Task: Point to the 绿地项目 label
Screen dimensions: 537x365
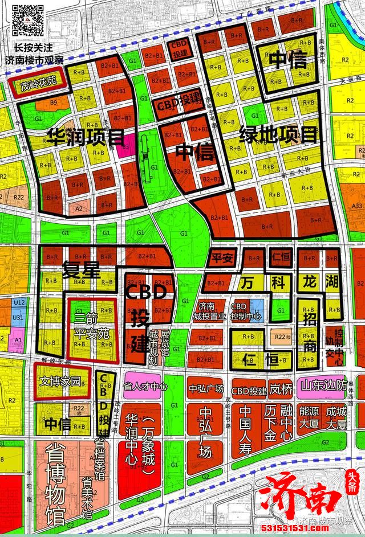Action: point(278,135)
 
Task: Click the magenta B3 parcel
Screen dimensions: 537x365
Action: point(125,145)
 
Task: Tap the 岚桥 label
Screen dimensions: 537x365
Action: point(281,390)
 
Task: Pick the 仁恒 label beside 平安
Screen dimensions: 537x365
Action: point(279,257)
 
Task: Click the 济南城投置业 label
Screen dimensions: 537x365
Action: point(210,311)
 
